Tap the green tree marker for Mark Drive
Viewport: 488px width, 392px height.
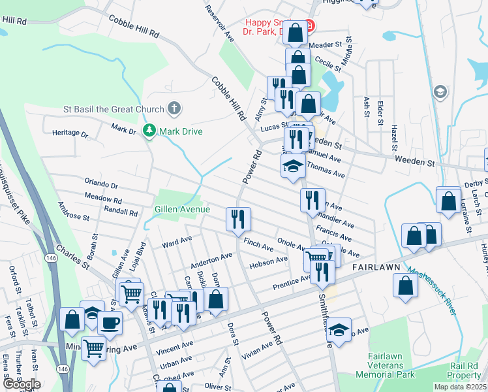pos(150,131)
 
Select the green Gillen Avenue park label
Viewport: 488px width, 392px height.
pos(182,209)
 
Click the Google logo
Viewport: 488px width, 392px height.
pos(21,384)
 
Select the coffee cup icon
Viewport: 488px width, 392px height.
pos(110,323)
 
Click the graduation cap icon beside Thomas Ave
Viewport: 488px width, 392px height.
pos(293,166)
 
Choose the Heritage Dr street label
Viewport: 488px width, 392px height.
pos(70,133)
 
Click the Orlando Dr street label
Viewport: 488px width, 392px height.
pos(100,186)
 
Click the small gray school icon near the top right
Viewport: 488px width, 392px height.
pos(440,92)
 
